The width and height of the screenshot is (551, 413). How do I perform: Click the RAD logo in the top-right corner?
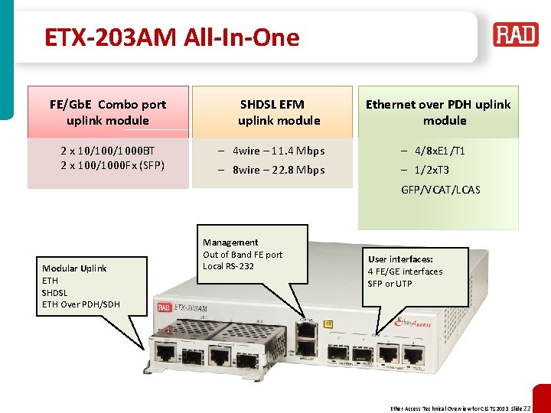click(515, 35)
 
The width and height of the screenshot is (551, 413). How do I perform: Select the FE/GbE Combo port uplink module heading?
click(108, 112)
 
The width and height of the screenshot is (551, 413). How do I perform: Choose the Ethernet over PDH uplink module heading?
click(438, 112)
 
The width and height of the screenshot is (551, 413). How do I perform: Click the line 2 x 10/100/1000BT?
click(108, 151)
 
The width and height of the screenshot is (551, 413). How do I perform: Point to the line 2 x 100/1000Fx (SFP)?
click(108, 165)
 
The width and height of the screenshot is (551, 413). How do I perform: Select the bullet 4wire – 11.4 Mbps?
click(279, 151)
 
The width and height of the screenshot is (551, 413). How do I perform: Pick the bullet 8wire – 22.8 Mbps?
click(279, 170)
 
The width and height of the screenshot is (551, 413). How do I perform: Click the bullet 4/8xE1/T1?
click(439, 151)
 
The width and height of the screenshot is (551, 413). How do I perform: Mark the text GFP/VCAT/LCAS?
click(441, 189)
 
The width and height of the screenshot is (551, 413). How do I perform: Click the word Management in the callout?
click(230, 242)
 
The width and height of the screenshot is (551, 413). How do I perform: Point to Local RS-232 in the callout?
click(228, 266)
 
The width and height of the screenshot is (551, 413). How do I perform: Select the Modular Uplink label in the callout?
click(74, 268)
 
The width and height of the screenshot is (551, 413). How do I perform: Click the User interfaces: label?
click(400, 259)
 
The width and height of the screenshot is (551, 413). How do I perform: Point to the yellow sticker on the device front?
click(328, 324)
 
